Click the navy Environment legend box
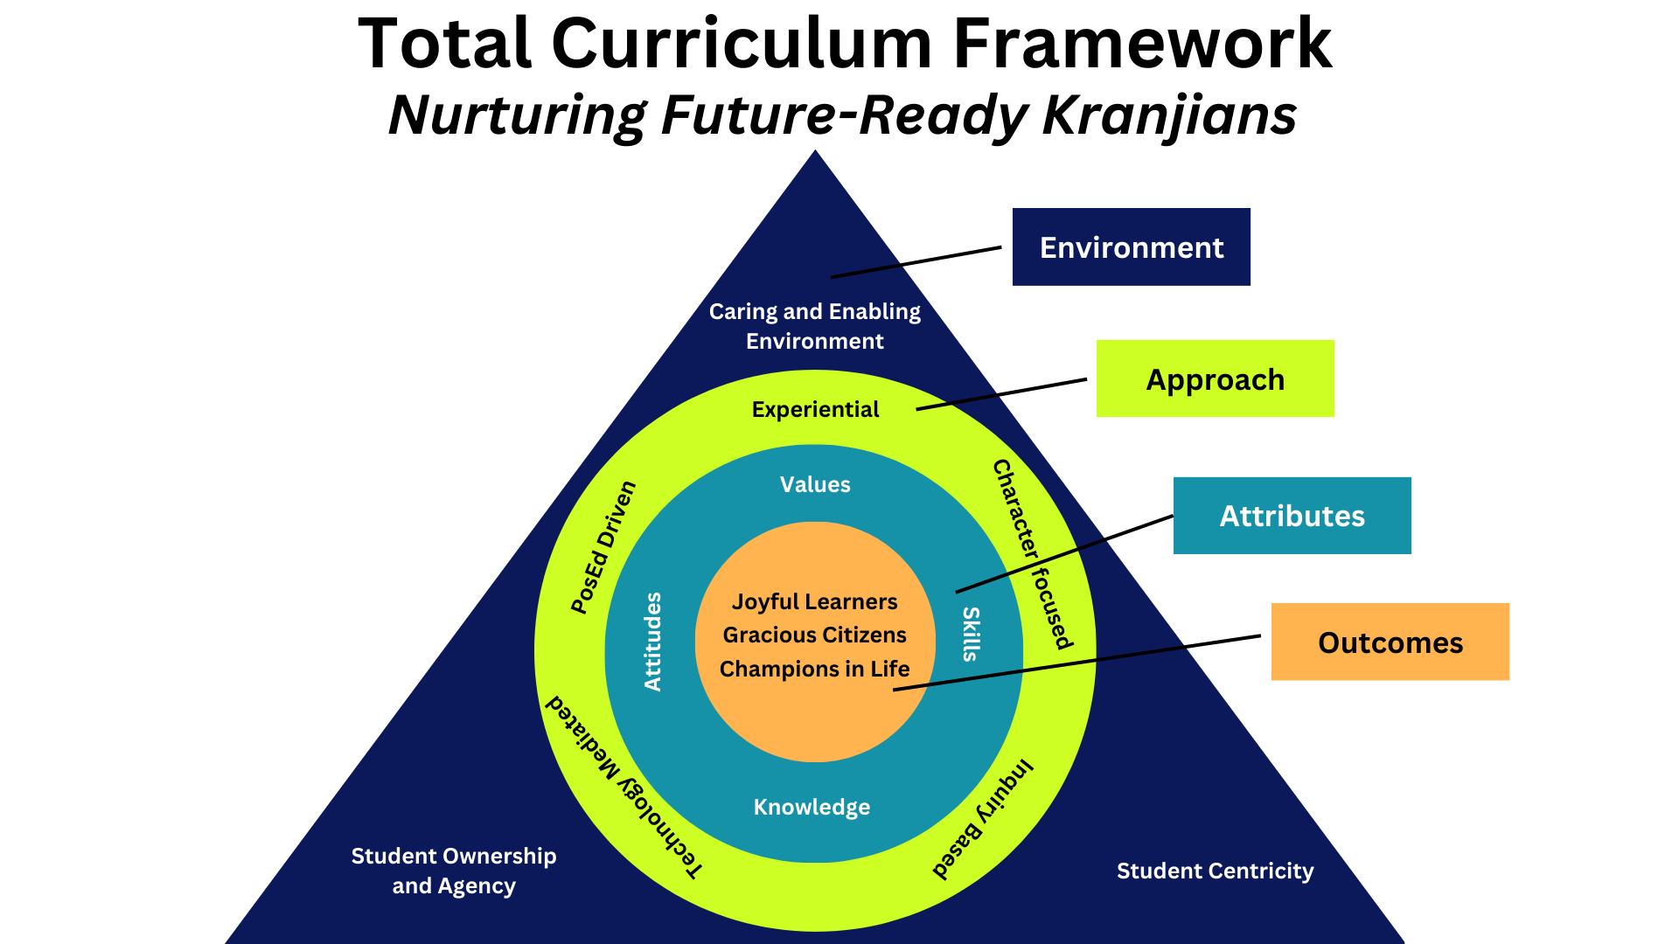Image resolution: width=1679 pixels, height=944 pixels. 1131,246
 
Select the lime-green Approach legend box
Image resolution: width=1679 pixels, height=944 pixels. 1215,378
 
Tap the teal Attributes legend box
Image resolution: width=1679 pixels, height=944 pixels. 1292,516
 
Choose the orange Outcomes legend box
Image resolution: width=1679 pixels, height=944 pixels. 1390,642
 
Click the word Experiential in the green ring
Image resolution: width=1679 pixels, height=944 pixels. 815,409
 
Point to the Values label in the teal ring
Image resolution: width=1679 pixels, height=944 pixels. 815,484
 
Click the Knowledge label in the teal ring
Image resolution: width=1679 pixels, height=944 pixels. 812,807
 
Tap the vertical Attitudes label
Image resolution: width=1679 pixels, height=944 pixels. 653,642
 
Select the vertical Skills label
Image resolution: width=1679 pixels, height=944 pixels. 971,634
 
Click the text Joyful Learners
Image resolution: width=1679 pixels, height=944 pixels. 814,601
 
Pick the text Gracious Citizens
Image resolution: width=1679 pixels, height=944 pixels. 814,635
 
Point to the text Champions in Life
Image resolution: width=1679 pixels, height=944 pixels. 814,669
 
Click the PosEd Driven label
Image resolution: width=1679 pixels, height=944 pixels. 603,547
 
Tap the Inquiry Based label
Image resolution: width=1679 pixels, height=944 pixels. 983,819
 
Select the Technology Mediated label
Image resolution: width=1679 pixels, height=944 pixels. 624,786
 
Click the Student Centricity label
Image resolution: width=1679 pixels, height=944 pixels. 1215,871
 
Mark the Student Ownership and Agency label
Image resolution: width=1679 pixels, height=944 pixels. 454,871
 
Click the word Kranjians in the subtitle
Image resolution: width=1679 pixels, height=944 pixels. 1169,115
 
